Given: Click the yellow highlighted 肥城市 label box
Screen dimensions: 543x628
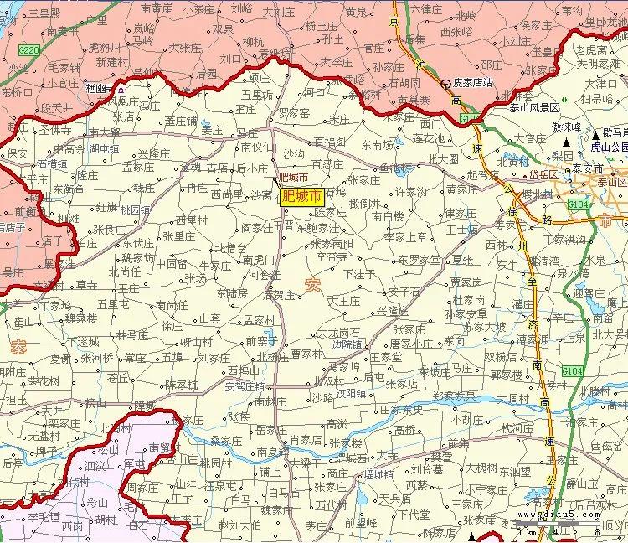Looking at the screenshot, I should (x=301, y=198).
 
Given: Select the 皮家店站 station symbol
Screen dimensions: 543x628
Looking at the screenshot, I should (x=446, y=84).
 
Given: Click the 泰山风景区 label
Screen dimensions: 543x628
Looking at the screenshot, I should (x=536, y=108).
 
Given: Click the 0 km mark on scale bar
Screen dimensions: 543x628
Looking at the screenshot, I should (x=520, y=532).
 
